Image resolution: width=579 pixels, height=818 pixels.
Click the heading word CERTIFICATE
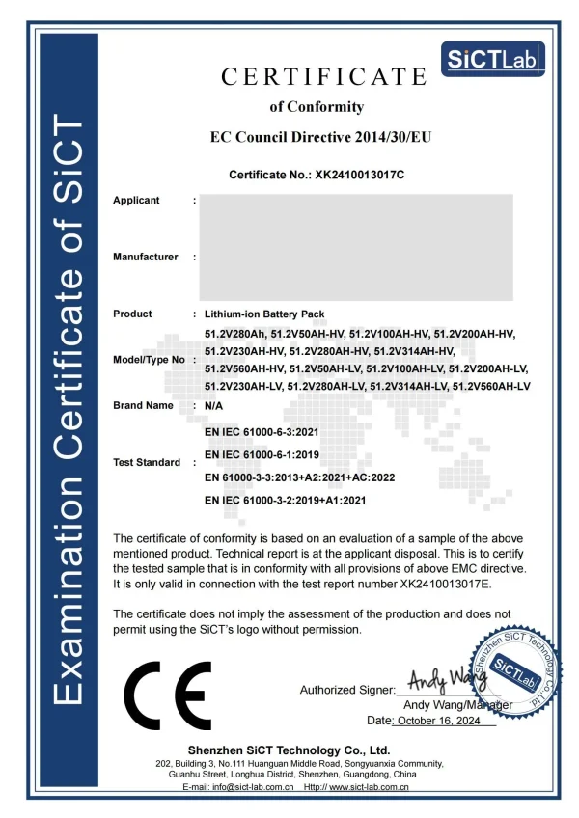(x=323, y=76)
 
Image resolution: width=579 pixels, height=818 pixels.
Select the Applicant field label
(x=136, y=201)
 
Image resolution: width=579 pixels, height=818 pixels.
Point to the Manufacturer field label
(x=145, y=257)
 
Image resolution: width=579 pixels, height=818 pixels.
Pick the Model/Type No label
(x=149, y=360)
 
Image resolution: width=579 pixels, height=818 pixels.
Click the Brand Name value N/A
(x=214, y=406)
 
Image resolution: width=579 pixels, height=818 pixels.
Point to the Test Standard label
(x=147, y=463)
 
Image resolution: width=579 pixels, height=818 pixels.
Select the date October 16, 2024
(x=446, y=722)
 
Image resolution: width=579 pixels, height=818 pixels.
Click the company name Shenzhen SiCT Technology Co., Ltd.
(x=289, y=750)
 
